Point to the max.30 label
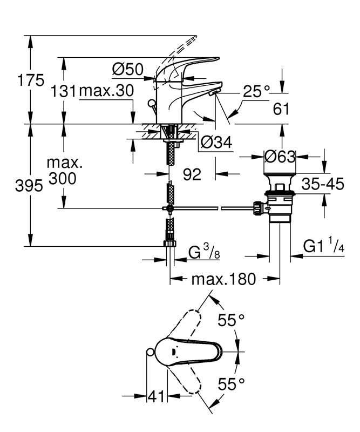106,91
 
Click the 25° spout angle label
255,92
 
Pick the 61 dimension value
282,109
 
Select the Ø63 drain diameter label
280,156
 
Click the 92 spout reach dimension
192,174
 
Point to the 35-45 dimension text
323,185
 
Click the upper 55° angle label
232,321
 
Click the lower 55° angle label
232,384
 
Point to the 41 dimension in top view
157,397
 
